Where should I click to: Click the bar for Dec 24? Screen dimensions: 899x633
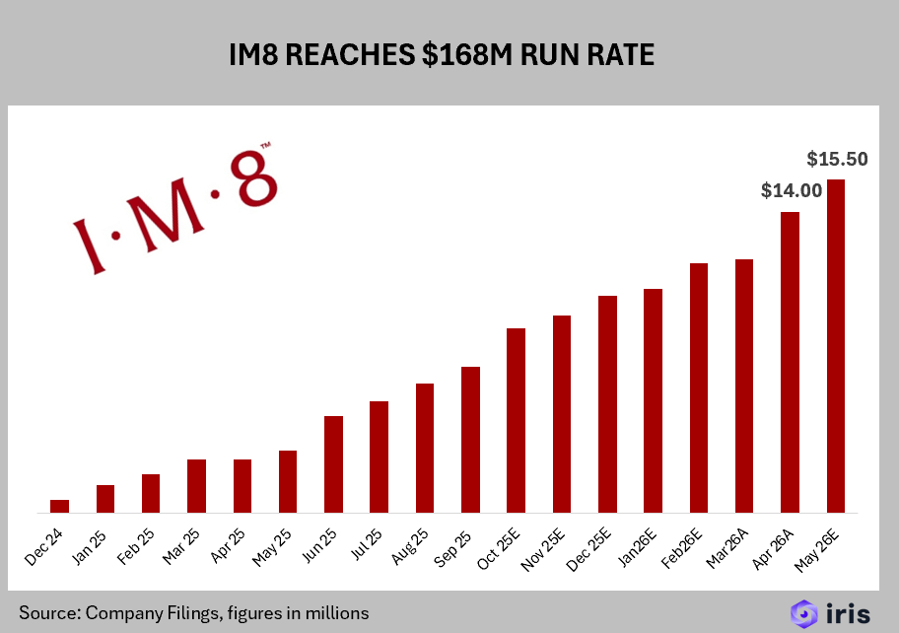(x=59, y=506)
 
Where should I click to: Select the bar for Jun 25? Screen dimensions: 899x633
(x=334, y=464)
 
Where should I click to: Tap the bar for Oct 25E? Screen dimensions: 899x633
(x=516, y=420)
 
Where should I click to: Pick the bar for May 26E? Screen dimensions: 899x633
(x=836, y=346)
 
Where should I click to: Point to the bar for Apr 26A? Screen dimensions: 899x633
(x=790, y=363)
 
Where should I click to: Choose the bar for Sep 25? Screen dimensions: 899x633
(x=471, y=440)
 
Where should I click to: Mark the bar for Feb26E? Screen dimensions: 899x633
(x=699, y=388)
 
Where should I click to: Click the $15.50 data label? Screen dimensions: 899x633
(x=837, y=159)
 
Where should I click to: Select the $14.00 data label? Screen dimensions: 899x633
(x=792, y=190)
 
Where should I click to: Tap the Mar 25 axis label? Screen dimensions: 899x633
(x=181, y=547)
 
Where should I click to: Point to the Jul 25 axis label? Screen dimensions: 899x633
(x=367, y=544)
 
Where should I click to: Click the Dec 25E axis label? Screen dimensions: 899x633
(x=588, y=550)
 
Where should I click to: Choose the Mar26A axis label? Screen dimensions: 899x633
(x=727, y=549)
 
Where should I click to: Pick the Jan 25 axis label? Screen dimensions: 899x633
(x=90, y=547)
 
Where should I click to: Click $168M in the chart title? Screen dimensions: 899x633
(x=466, y=55)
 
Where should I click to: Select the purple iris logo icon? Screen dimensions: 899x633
(x=803, y=614)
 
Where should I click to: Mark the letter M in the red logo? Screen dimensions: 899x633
(x=170, y=216)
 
